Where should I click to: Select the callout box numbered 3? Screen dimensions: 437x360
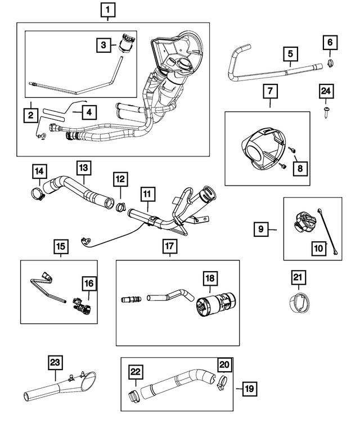(103, 44)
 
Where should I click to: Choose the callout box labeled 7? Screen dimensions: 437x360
(269, 91)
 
